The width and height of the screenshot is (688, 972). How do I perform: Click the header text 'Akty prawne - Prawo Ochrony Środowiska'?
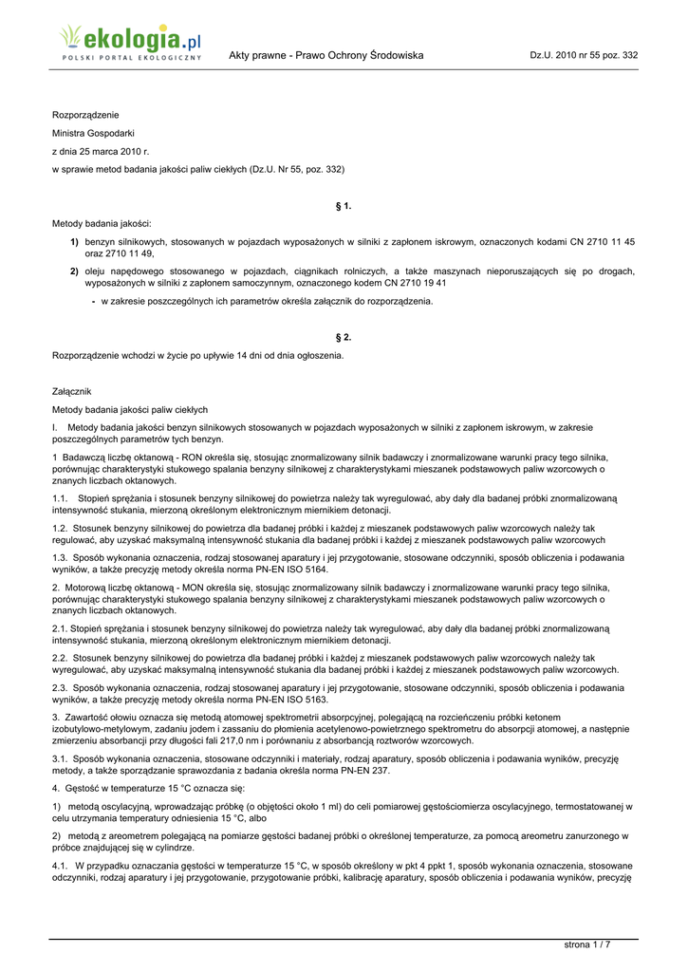coord(325,56)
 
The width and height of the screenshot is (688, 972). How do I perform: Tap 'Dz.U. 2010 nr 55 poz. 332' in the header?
coord(584,56)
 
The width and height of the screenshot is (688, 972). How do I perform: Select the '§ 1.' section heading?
coord(344,206)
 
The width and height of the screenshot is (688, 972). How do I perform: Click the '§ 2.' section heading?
coord(344,338)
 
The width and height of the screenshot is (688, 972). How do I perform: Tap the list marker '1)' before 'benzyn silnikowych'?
coord(73,242)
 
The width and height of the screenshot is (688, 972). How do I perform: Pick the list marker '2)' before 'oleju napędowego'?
coord(73,271)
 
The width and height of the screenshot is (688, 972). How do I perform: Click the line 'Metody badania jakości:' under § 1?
coord(102,224)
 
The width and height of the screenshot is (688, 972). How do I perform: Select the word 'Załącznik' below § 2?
coord(73,391)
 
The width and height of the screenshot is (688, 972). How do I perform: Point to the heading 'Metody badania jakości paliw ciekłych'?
coord(130,409)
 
